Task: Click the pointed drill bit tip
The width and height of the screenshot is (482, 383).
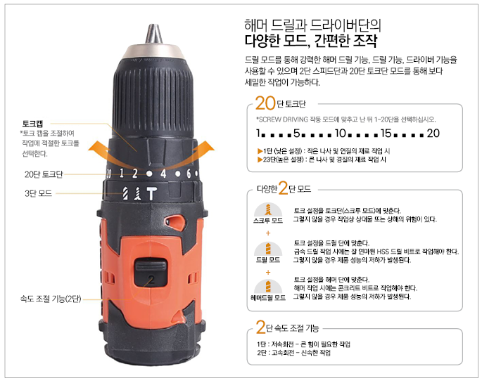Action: click(153, 34)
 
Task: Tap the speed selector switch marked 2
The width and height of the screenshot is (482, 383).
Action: click(151, 272)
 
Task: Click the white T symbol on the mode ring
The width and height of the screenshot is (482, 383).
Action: click(151, 194)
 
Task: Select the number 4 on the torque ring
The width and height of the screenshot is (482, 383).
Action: click(163, 174)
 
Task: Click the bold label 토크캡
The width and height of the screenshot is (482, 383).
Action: click(32, 124)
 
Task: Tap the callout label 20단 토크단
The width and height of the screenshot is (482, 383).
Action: click(44, 174)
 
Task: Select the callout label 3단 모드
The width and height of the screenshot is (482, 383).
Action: click(39, 193)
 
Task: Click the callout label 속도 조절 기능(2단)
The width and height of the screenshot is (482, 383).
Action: click(51, 299)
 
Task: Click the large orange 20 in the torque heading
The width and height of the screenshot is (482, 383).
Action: click(265, 103)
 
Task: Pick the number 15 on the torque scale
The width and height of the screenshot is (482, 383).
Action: click(386, 134)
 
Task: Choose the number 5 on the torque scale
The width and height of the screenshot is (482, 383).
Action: click(296, 134)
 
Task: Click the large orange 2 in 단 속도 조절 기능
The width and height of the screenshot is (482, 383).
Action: click(260, 327)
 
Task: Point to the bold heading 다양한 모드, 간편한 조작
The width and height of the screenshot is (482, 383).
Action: click(311, 41)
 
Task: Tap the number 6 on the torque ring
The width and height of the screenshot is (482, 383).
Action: click(189, 174)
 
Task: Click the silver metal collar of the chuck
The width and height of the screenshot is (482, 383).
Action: click(153, 51)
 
